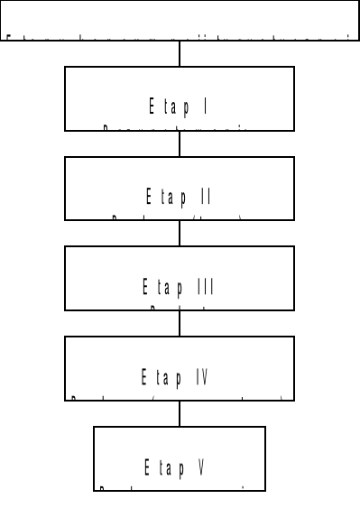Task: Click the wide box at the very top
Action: (x=180, y=20)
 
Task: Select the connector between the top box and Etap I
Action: (x=180, y=54)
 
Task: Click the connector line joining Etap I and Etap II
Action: (x=180, y=144)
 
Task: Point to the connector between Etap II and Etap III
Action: (x=180, y=234)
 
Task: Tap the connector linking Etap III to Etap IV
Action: (x=180, y=324)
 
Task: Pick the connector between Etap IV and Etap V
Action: (x=180, y=414)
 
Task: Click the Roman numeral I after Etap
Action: (x=207, y=106)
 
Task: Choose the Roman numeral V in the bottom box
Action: (x=203, y=467)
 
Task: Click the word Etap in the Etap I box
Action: (x=169, y=106)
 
